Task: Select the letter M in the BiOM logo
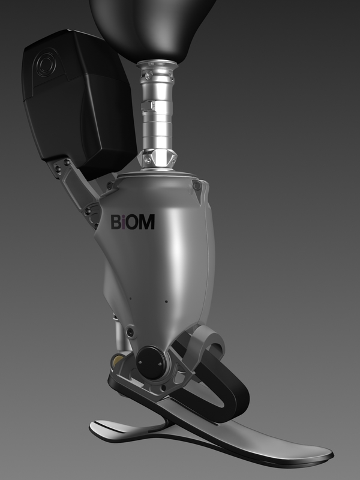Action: (x=147, y=222)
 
